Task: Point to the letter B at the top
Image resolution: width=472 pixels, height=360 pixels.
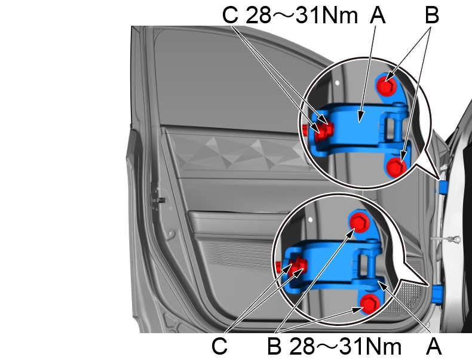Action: click(431, 16)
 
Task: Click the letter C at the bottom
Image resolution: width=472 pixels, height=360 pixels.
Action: click(219, 346)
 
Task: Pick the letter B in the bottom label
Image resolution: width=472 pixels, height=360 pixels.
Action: click(274, 346)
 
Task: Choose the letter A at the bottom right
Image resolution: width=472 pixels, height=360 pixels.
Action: click(434, 346)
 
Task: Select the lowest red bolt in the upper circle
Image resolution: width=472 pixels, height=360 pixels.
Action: click(395, 168)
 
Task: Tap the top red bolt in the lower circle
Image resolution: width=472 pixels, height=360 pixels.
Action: click(358, 223)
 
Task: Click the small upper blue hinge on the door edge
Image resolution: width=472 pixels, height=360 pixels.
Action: click(443, 187)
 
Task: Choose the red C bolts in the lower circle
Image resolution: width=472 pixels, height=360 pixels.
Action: click(296, 266)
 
